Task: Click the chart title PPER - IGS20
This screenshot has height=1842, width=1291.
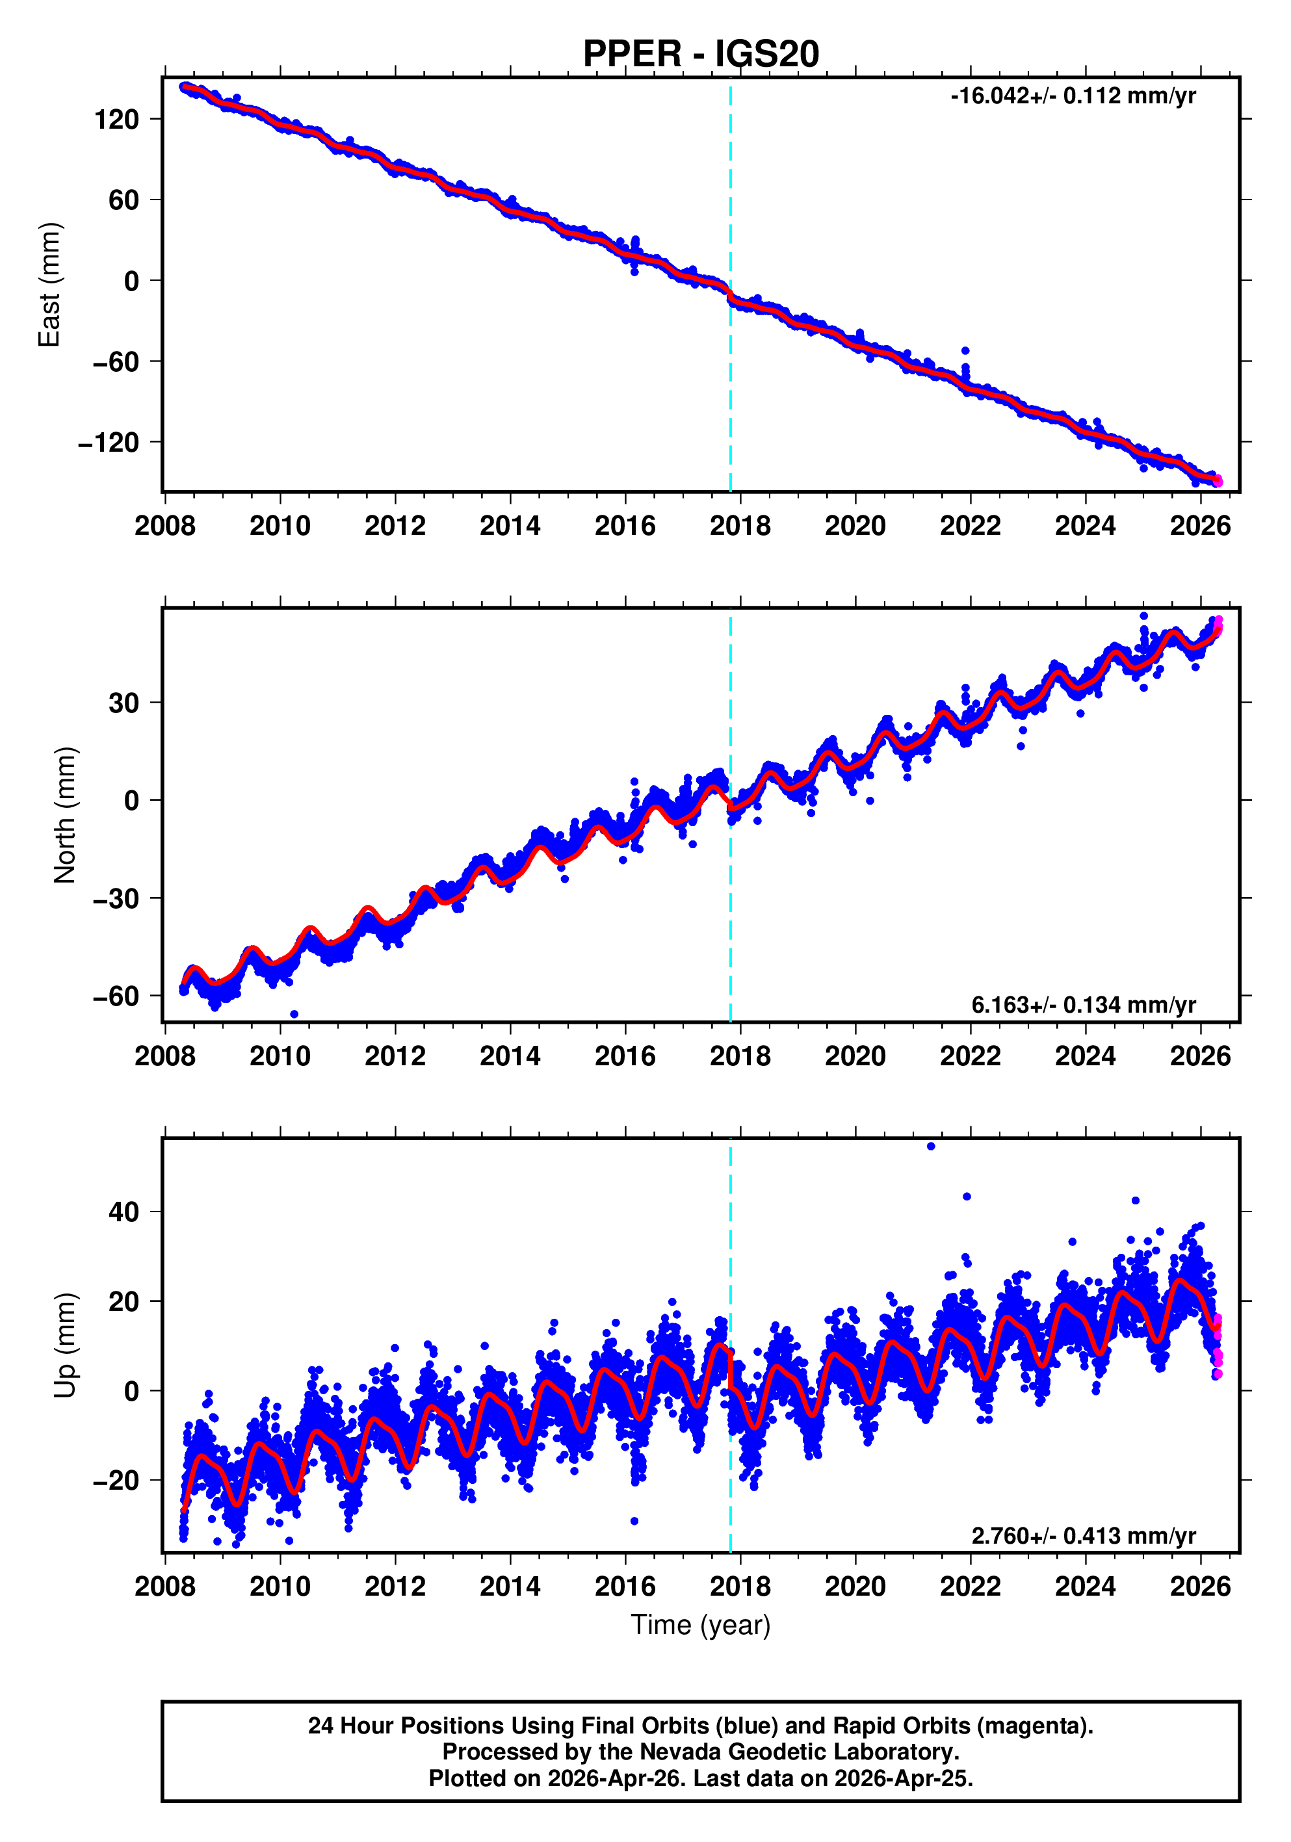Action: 701,54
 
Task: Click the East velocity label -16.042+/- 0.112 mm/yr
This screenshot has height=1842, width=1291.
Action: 1073,96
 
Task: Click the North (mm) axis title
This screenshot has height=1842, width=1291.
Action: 65,815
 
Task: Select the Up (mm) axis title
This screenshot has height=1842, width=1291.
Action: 65,1345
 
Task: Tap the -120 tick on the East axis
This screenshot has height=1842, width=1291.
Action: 109,442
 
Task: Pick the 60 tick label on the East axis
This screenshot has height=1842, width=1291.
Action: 124,200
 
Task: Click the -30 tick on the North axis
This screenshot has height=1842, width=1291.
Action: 116,898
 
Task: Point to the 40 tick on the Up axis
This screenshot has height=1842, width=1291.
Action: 124,1212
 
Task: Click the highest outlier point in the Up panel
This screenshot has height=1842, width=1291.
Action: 931,1147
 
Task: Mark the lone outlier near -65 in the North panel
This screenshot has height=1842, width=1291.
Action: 294,1014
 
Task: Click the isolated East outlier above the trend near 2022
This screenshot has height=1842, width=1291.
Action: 965,350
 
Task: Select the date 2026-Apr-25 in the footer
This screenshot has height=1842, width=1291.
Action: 903,1778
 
